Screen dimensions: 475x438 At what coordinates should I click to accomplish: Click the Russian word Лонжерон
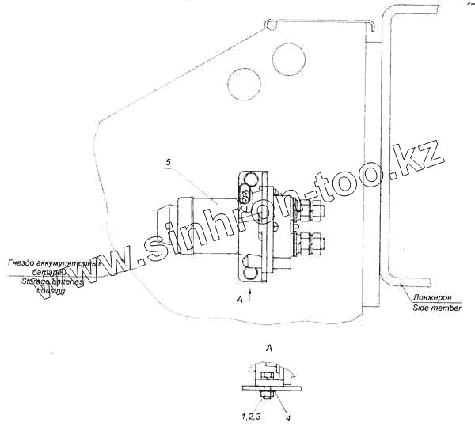point(431,297)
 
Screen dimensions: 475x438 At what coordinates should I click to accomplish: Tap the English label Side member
point(436,308)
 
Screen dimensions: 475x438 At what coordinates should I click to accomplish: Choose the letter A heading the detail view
point(269,348)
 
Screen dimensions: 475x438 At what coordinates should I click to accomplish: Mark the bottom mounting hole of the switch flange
point(251,273)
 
